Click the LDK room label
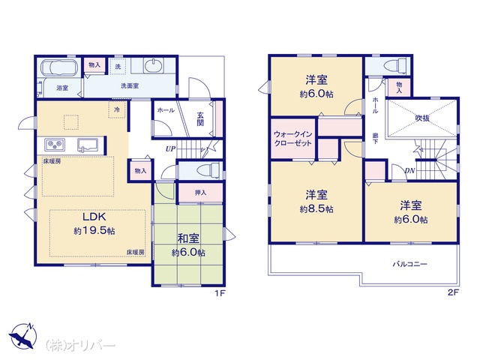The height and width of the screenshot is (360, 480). point(94,217)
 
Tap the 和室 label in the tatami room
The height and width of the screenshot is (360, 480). point(188,238)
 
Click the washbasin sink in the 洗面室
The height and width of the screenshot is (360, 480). point(152,66)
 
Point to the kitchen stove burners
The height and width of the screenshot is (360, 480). point(55,145)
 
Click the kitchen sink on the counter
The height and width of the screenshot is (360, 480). point(88,145)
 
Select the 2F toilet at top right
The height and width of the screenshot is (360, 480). point(396,65)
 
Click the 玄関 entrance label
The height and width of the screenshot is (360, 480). point(200,119)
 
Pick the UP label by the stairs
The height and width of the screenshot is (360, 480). point(170,149)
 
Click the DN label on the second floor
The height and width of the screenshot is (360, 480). point(409,170)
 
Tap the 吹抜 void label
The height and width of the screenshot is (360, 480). point(422,118)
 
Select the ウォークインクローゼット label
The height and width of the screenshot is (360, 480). point(293,139)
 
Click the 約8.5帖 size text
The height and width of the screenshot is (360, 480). point(316,209)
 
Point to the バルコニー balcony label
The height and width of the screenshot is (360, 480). point(410,264)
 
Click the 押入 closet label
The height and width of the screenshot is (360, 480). point(201,193)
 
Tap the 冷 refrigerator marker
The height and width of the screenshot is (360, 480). point(117,109)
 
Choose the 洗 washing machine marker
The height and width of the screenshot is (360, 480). point(118,67)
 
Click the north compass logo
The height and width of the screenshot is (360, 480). point(22,335)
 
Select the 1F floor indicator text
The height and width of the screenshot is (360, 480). point(220,293)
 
